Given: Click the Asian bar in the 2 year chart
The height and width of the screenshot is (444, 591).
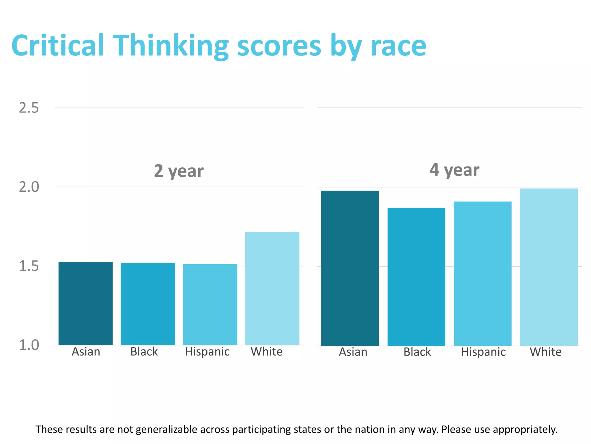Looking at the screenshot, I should pos(85,303).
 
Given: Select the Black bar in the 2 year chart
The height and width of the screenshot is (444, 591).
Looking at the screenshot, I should pos(148,304).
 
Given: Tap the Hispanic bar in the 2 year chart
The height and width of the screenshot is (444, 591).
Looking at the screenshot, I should pos(210,304).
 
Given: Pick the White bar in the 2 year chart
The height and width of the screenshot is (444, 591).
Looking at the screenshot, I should pos(272,288).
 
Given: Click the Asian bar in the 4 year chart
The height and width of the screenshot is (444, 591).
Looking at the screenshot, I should pos(350,268).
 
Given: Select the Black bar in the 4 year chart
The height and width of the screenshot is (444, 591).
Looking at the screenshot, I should pos(416,277).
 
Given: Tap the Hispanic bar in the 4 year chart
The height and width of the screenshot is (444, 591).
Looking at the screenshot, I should pos(482,273).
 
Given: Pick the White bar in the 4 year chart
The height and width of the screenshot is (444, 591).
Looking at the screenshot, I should pos(549,267).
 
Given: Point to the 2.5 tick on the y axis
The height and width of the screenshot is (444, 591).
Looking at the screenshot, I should pos(29,108).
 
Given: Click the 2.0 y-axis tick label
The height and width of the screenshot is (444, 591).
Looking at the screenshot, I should pos(29,187).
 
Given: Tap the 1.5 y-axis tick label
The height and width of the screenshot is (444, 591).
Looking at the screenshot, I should pos(29,266).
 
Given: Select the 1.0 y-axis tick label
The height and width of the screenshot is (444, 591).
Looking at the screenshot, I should pos(29,345).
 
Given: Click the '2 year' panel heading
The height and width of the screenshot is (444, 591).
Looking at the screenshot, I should pos(179,171).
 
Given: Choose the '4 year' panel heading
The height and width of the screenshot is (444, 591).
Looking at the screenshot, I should pos(454,170).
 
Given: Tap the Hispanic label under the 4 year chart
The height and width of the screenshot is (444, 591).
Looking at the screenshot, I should pos(483,352).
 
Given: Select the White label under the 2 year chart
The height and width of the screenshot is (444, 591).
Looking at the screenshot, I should pos(267,352).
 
